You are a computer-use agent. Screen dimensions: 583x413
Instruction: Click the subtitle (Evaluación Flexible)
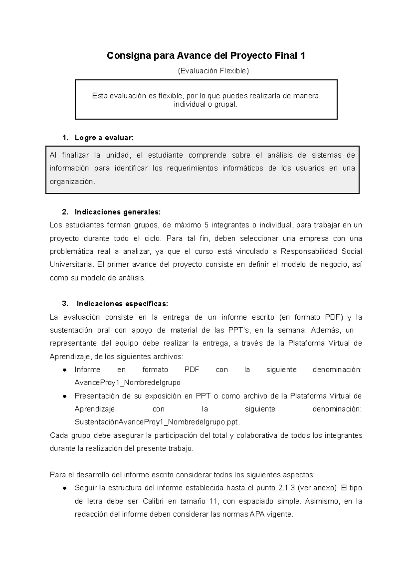point(213,71)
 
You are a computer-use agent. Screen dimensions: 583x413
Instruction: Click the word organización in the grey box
point(71,182)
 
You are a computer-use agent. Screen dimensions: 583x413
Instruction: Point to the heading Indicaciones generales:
point(117,212)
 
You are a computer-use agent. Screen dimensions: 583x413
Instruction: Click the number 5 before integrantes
point(206,225)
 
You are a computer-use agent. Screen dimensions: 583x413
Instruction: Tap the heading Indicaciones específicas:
point(123,304)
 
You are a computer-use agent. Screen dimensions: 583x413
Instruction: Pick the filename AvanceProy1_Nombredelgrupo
point(127,383)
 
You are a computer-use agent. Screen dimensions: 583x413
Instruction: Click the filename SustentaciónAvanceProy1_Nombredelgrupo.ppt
point(157,422)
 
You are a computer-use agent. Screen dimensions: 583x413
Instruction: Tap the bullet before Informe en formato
point(64,370)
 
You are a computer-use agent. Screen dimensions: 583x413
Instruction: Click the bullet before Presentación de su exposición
point(64,396)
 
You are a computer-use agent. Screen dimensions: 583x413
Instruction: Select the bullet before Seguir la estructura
point(64,488)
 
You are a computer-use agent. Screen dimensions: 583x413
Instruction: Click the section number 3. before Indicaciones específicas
point(65,304)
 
